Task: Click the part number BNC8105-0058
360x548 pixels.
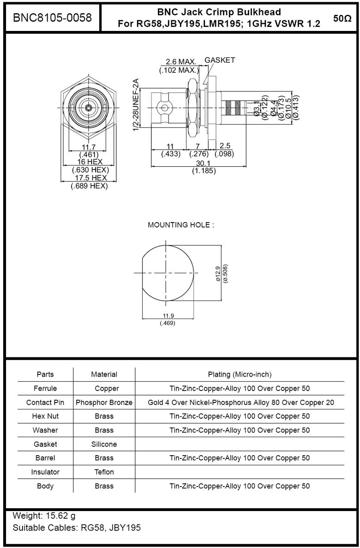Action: point(53,18)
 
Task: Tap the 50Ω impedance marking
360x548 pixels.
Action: point(342,18)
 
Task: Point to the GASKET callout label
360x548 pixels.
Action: point(220,60)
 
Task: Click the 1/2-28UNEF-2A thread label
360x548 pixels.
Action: point(136,105)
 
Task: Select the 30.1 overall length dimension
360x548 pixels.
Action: point(204,163)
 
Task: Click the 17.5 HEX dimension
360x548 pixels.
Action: point(90,178)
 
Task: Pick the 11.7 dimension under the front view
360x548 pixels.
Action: point(89,147)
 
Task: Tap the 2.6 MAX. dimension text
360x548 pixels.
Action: point(181,62)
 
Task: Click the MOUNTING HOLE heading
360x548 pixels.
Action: point(181,225)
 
